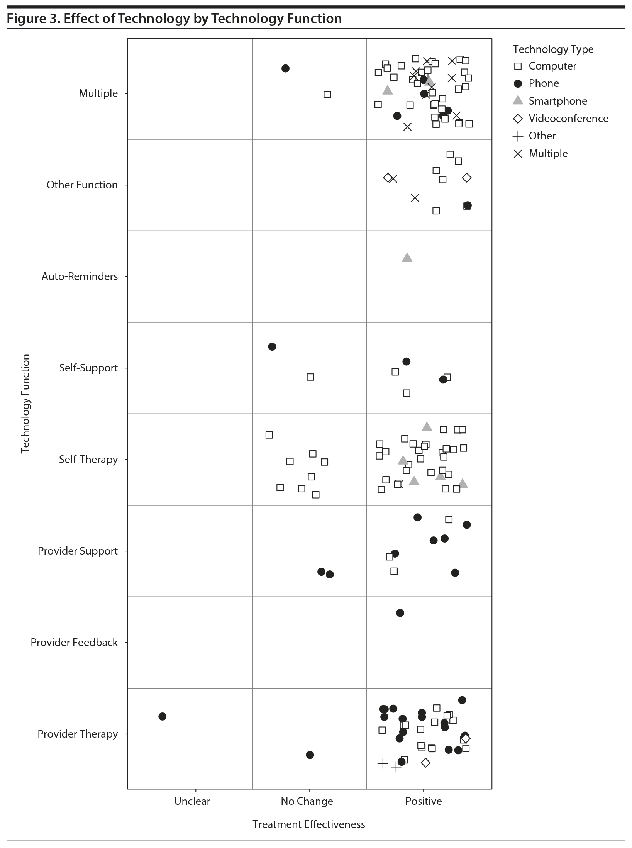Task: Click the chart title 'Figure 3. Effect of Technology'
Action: [174, 19]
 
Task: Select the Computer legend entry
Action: [552, 66]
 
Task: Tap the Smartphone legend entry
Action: [557, 101]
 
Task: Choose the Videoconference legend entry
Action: [568, 119]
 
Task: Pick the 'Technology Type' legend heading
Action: [553, 49]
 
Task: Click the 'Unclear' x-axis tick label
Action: [192, 801]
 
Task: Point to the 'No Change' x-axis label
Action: [307, 801]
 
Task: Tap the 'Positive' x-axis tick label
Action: [424, 801]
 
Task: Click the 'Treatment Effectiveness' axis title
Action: [308, 824]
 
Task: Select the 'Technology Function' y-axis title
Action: [25, 404]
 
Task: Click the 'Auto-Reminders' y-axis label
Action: [80, 276]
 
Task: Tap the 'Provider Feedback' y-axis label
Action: [74, 642]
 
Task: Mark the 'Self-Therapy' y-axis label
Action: [88, 460]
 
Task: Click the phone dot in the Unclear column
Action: [163, 716]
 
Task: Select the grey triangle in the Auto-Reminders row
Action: [407, 258]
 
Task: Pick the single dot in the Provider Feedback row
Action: [400, 613]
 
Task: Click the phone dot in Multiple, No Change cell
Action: [286, 68]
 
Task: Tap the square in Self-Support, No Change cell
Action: [310, 377]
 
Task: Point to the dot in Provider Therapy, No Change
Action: [310, 755]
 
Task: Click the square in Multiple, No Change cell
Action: [327, 94]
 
